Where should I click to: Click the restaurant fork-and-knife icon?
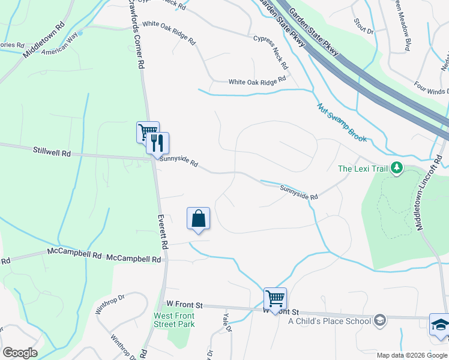[x=158, y=143]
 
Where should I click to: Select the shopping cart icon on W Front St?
[x=275, y=298]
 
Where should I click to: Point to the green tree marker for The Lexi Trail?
[x=396, y=169]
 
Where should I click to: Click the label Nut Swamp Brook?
[x=341, y=122]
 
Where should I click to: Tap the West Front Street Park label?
[x=174, y=320]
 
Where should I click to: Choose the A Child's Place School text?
[x=330, y=321]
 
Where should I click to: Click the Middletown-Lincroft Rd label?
[x=430, y=191]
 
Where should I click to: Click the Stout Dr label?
[x=364, y=26]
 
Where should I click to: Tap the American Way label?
[x=60, y=46]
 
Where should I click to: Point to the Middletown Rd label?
[x=43, y=41]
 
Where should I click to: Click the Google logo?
[x=20, y=353]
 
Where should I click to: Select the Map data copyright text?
[x=411, y=355]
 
